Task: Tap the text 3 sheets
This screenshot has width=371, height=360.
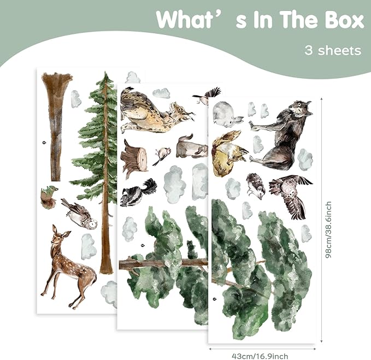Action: [x=333, y=50]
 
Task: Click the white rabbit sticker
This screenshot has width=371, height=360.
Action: [x=226, y=115]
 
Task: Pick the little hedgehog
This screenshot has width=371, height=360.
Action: [x=256, y=186]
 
